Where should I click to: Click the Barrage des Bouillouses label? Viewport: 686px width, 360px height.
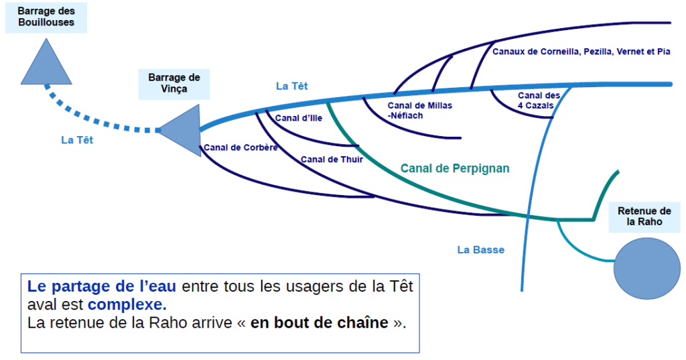coord(46,17)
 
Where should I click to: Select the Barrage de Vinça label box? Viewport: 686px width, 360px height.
coord(174,83)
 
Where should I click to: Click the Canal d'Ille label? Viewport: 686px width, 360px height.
coord(299,118)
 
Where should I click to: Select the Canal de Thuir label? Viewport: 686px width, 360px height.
coord(332,159)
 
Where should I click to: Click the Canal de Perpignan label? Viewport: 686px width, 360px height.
coord(455,168)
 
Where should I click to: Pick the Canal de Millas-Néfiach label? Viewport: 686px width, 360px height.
coord(419,111)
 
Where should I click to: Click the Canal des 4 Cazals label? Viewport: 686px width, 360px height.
coord(539,100)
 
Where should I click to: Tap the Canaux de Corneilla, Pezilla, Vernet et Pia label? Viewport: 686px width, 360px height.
coord(581,51)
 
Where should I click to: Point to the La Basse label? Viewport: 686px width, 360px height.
coord(480,250)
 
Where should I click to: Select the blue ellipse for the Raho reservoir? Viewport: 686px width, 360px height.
coord(644,267)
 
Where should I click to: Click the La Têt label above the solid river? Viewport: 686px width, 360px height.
coord(292,86)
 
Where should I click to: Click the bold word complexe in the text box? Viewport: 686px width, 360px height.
coord(127,305)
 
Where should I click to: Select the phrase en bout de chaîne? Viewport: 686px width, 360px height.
coord(319,322)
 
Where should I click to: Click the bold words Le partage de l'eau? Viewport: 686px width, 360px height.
coord(102,287)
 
